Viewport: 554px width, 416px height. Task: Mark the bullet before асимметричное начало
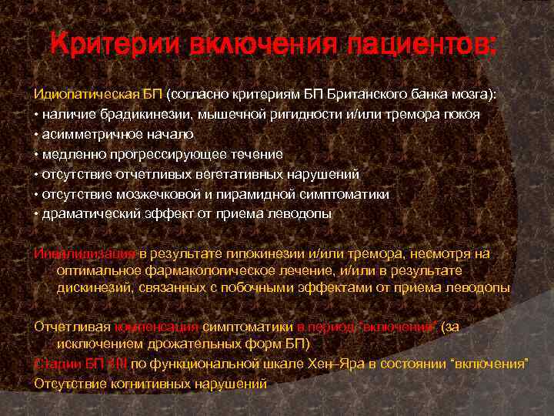35,135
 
